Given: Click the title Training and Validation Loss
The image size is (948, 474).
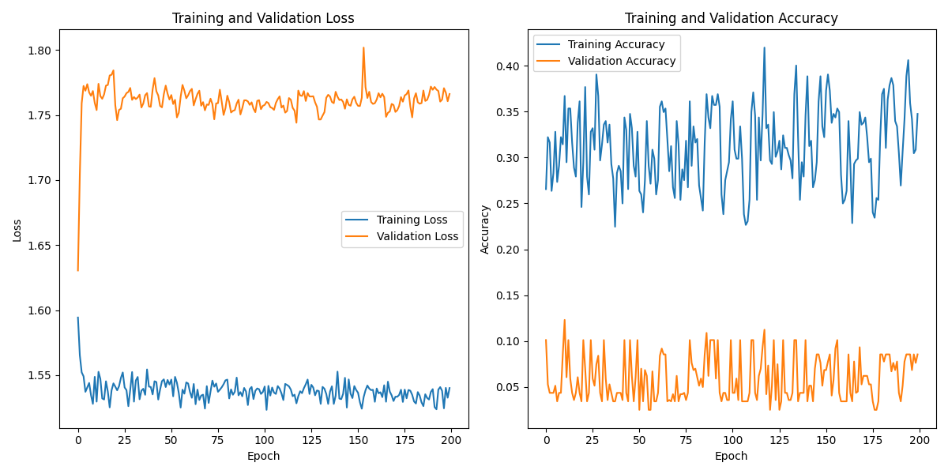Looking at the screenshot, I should coord(263,18).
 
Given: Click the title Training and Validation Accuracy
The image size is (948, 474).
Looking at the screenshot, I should coord(731,18).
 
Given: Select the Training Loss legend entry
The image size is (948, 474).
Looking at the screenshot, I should coord(412,220).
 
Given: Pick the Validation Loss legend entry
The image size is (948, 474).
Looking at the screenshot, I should coord(417,236).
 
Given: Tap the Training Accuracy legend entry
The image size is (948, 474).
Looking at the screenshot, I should coord(616,44).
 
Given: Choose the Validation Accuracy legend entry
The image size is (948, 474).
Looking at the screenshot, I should coord(622,61).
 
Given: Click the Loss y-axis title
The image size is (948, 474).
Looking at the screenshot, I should coord(17,230).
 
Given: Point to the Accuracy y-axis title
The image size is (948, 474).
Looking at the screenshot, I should coord(485,230).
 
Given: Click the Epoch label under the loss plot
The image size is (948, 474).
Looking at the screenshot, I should coord(263,456).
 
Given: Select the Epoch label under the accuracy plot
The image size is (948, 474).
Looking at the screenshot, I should coord(731,456).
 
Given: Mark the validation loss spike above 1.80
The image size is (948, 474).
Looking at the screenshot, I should coord(363,48).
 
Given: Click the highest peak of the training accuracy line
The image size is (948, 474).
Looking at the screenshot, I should coord(764,47).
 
